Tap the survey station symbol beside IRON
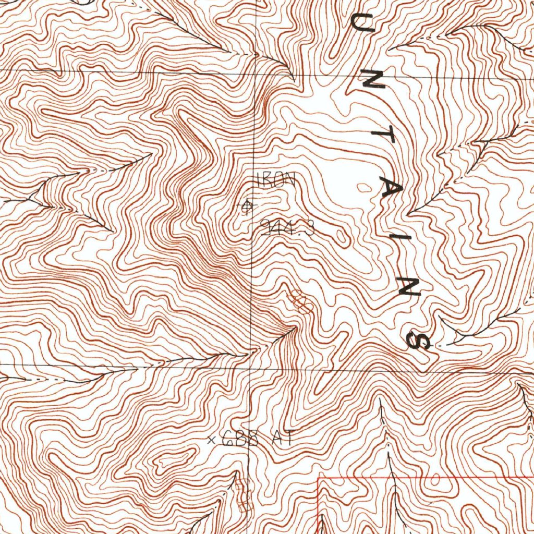pyautogui.click(x=247, y=207)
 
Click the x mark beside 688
pyautogui.click(x=212, y=440)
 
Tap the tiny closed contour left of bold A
pyautogui.click(x=363, y=186)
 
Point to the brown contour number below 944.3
pyautogui.click(x=301, y=302)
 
